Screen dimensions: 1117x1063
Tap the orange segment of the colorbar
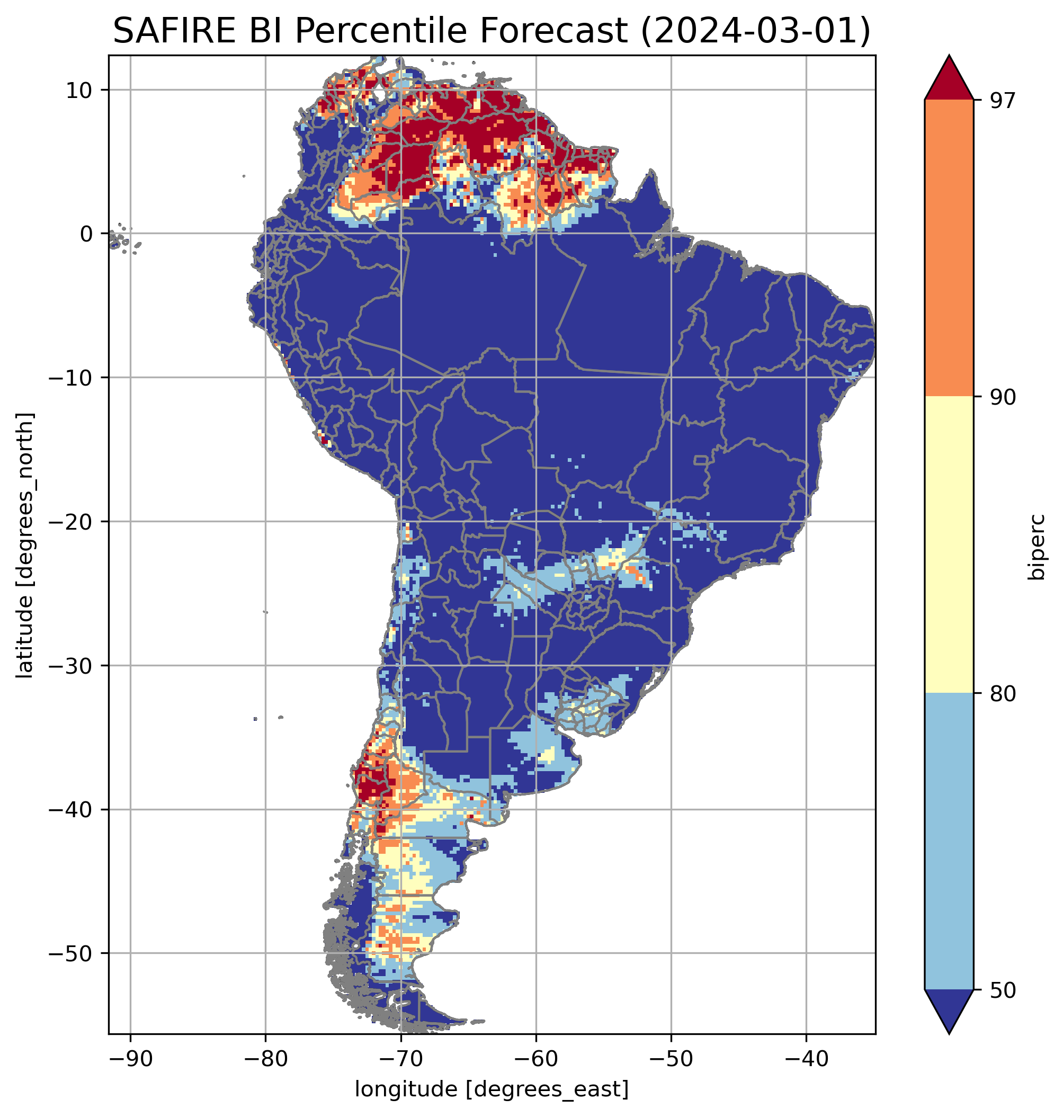coord(949,248)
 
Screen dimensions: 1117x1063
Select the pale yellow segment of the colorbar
coord(949,544)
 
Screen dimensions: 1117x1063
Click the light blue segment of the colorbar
coord(949,842)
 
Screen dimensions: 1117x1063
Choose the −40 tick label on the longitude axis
coord(806,1059)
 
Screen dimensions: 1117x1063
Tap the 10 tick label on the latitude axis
coord(79,90)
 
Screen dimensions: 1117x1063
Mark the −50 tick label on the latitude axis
coord(71,954)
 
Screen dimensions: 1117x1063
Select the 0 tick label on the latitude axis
coord(86,234)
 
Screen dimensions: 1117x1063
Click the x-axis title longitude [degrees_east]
coord(492,1089)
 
